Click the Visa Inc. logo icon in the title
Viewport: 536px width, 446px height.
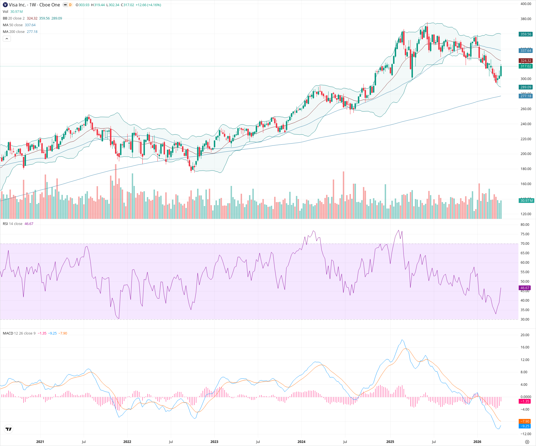[5, 5]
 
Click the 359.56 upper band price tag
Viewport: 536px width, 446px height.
[526, 34]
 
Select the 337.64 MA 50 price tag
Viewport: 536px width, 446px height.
[526, 51]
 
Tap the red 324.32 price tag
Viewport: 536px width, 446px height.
[526, 61]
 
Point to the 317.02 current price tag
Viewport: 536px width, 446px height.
[526, 66]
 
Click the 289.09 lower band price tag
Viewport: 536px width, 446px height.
[526, 87]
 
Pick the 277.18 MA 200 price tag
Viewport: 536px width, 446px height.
[526, 96]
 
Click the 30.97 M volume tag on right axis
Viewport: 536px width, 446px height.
[527, 201]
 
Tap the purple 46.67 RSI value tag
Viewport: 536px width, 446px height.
[525, 288]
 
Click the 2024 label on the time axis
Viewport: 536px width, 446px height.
[301, 442]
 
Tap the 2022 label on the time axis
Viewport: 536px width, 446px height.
[127, 442]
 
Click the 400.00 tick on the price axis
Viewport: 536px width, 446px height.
[526, 4]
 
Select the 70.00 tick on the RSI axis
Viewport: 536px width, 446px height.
[525, 244]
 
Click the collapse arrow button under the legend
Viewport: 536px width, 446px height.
[7, 39]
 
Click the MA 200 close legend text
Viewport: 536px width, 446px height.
[14, 32]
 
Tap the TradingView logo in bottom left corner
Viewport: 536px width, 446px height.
[9, 429]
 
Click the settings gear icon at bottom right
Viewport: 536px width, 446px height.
[527, 442]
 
